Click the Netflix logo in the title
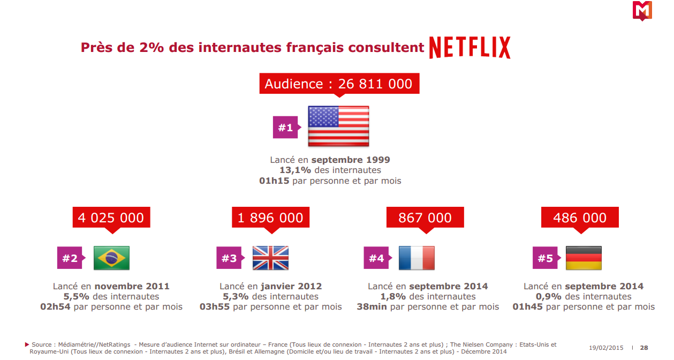click(x=469, y=48)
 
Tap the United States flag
click(x=338, y=126)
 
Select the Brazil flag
click(x=111, y=258)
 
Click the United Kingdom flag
click(x=270, y=258)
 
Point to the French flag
click(x=416, y=258)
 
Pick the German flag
click(x=584, y=258)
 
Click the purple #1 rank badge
click(x=285, y=127)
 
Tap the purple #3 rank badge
click(x=229, y=258)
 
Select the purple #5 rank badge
click(x=545, y=258)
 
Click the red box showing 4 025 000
click(x=111, y=217)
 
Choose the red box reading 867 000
click(x=425, y=217)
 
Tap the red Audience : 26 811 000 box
click(x=338, y=84)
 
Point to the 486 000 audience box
click(x=580, y=217)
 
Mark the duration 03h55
click(x=214, y=307)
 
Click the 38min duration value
click(x=372, y=307)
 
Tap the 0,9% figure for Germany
click(x=549, y=297)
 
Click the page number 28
click(x=644, y=348)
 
